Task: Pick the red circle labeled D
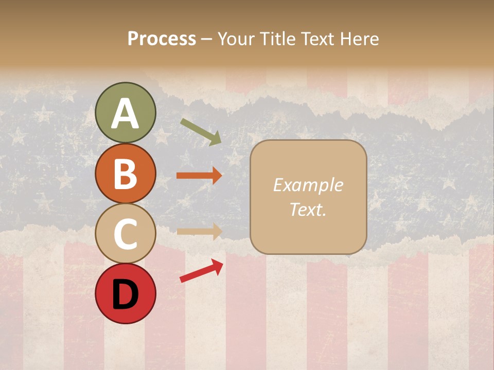pyautogui.click(x=125, y=294)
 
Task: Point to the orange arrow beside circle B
pyautogui.click(x=199, y=176)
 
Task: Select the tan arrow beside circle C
pyautogui.click(x=199, y=231)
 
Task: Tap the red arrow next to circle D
pyautogui.click(x=201, y=271)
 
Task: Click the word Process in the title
pyautogui.click(x=162, y=39)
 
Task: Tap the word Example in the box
pyautogui.click(x=308, y=185)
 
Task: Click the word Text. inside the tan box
pyautogui.click(x=308, y=209)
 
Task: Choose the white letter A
pyautogui.click(x=125, y=114)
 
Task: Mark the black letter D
pyautogui.click(x=125, y=294)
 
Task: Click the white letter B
pyautogui.click(x=125, y=174)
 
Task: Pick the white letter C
pyautogui.click(x=125, y=234)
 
